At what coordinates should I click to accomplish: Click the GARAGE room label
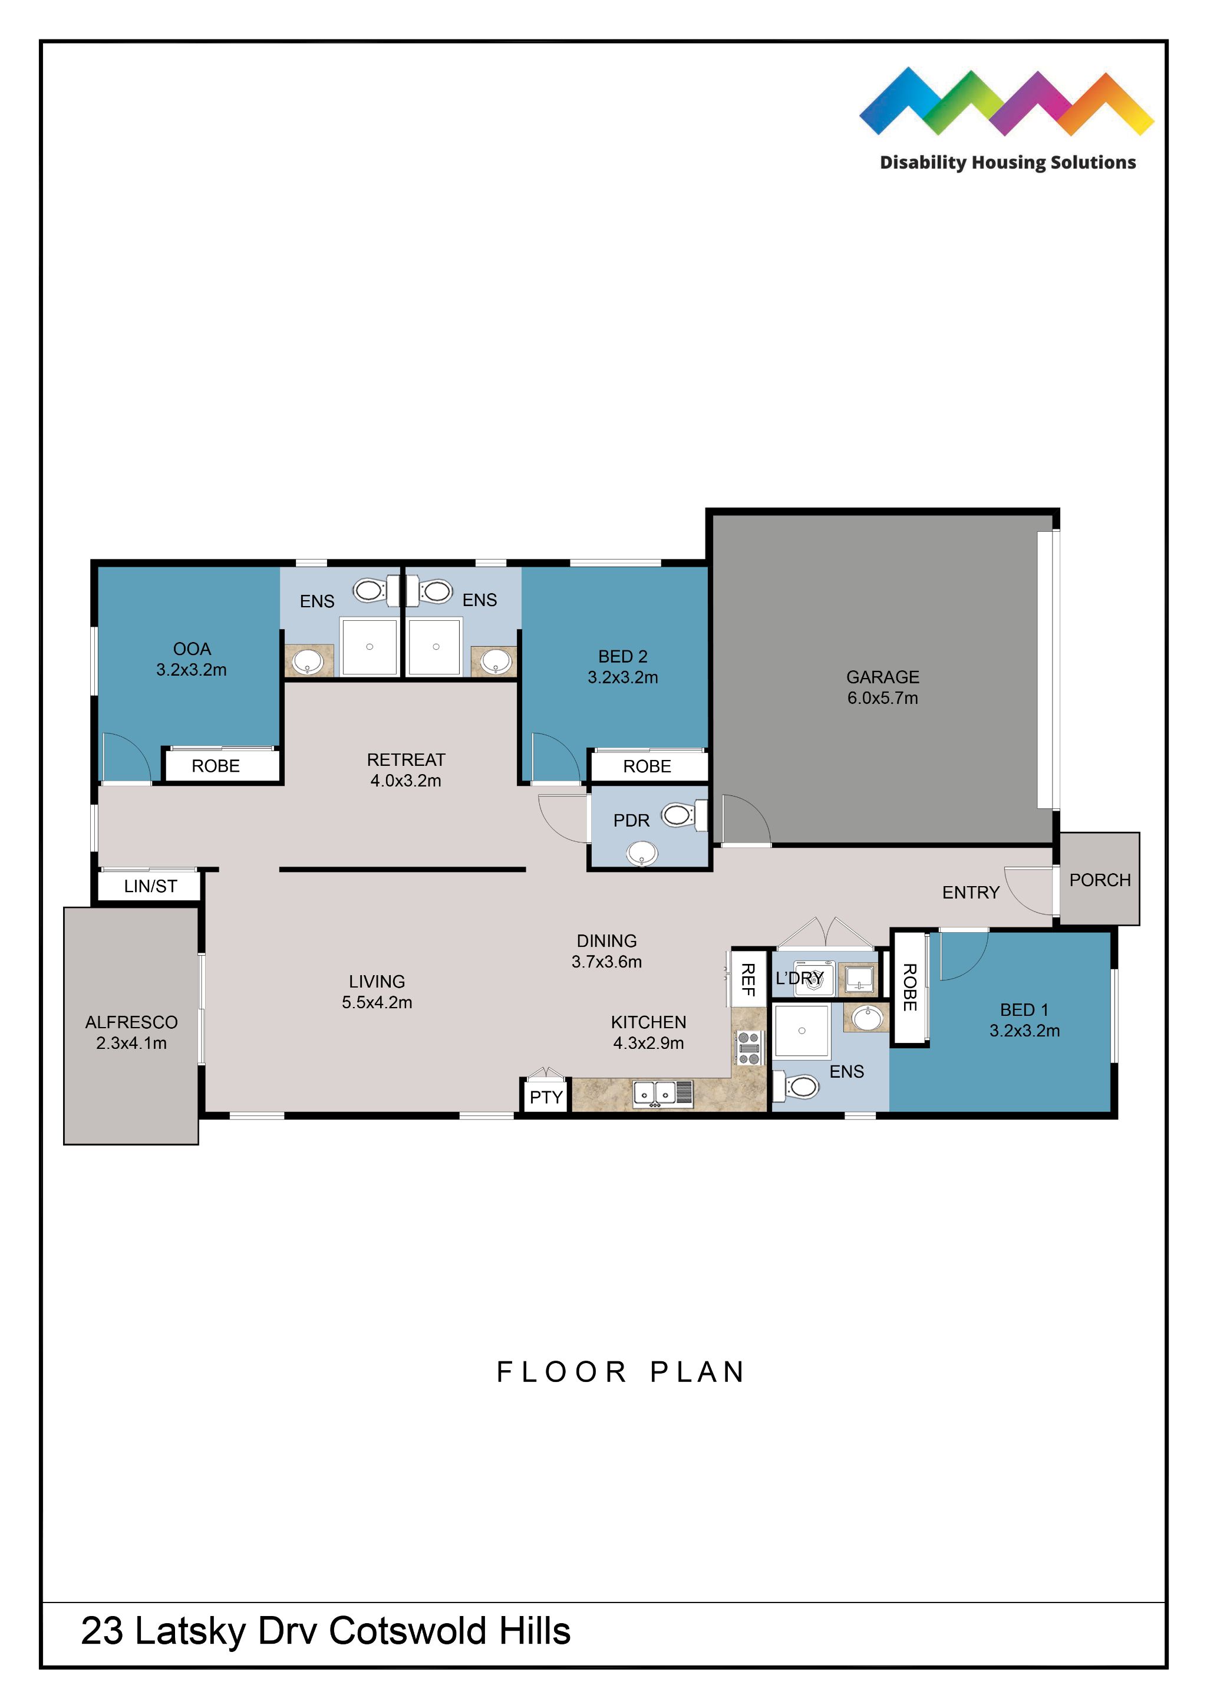(x=882, y=677)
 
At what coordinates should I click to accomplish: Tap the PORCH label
(x=1099, y=880)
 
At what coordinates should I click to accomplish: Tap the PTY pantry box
(x=546, y=1097)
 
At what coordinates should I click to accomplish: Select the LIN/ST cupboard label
(x=150, y=886)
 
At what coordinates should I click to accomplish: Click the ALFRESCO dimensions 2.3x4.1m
(x=131, y=1043)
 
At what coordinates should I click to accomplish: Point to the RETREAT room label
(x=405, y=759)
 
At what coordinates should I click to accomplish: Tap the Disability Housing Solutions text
(x=1007, y=162)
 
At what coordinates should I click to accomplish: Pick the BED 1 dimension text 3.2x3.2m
(x=1024, y=1031)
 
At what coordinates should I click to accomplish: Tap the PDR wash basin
(x=642, y=853)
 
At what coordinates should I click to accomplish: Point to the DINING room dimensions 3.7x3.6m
(x=606, y=961)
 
